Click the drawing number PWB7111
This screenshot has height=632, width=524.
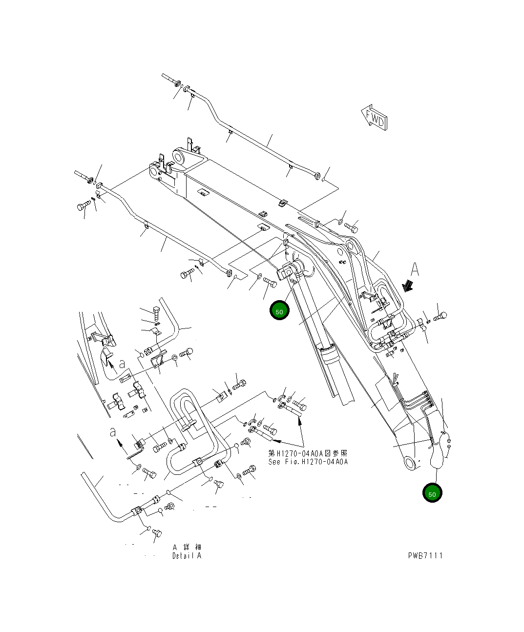[x=425, y=555]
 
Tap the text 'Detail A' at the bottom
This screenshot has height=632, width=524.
[x=186, y=556]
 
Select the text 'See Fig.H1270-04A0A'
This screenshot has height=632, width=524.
[x=308, y=462]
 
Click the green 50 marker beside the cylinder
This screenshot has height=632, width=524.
[x=279, y=311]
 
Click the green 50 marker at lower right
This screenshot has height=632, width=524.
[x=432, y=493]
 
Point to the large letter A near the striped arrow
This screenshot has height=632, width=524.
[x=415, y=269]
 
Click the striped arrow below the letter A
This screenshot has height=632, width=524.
[x=406, y=285]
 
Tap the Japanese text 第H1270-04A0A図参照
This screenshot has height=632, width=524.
[x=308, y=453]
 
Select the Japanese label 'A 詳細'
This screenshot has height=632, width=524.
[x=186, y=547]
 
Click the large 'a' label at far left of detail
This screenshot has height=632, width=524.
[x=113, y=432]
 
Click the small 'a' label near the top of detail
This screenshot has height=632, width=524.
[x=122, y=364]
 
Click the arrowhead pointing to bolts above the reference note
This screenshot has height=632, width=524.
[x=299, y=423]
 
